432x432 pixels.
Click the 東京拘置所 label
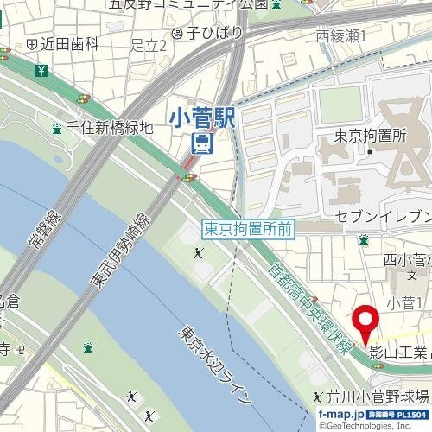click(x=370, y=136)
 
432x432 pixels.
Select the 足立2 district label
click(x=148, y=44)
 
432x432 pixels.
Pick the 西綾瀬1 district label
click(x=341, y=36)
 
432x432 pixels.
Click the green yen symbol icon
click(x=40, y=69)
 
